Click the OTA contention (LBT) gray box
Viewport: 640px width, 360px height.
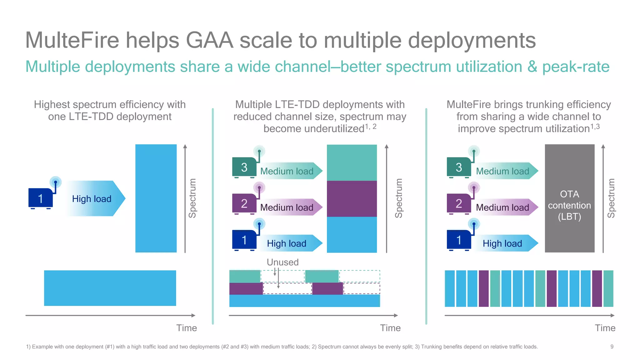pyautogui.click(x=569, y=198)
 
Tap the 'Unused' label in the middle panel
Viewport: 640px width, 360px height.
pyautogui.click(x=282, y=262)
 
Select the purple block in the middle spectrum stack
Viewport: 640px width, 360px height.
pyautogui.click(x=352, y=199)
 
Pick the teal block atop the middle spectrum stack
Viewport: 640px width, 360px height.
pyautogui.click(x=352, y=162)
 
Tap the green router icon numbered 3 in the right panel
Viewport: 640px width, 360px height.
pyautogui.click(x=459, y=167)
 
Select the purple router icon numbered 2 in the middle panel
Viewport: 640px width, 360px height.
pyautogui.click(x=244, y=204)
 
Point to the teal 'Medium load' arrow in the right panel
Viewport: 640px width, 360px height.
pyautogui.click(x=505, y=171)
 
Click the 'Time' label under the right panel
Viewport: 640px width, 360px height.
pyautogui.click(x=605, y=328)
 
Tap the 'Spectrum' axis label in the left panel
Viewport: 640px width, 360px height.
pyautogui.click(x=192, y=198)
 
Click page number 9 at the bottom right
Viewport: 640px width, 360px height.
pyautogui.click(x=612, y=347)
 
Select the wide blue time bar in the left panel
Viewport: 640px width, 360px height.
pyautogui.click(x=110, y=288)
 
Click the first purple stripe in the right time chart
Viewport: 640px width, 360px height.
pyautogui.click(x=483, y=288)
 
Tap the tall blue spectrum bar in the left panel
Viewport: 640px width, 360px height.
pyautogui.click(x=156, y=198)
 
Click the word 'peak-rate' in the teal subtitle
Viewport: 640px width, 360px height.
pyautogui.click(x=576, y=67)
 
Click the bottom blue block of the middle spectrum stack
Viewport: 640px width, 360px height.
pyautogui.click(x=352, y=235)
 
